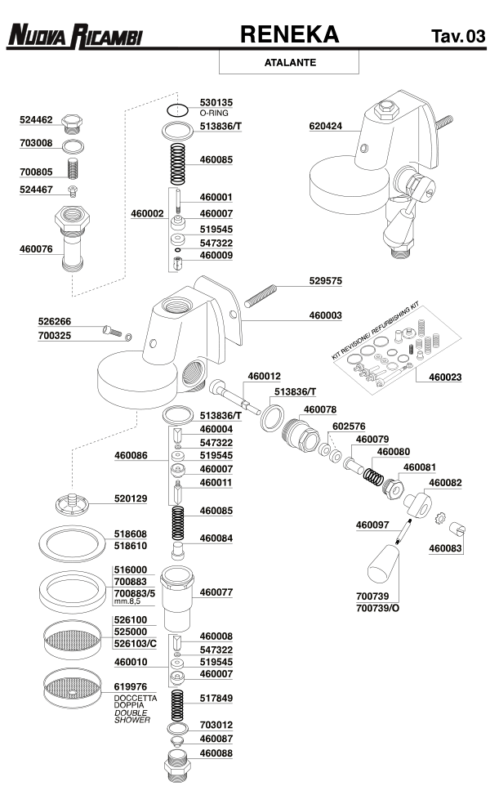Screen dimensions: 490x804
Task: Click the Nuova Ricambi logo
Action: [x=75, y=36]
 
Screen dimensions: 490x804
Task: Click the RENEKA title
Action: [x=290, y=34]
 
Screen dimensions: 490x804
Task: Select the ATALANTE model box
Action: [x=289, y=62]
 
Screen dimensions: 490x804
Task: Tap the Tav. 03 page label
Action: [x=457, y=36]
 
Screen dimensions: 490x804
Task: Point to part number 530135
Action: [x=216, y=103]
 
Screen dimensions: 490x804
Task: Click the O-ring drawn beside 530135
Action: [x=178, y=110]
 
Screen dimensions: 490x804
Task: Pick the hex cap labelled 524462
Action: [x=72, y=123]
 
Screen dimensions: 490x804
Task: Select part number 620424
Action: [x=326, y=126]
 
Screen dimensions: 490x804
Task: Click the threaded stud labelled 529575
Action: [x=261, y=296]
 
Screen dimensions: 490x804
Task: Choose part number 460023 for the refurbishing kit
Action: [x=445, y=377]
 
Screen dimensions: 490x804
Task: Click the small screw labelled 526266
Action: [x=112, y=331]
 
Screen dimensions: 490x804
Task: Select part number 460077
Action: [x=216, y=592]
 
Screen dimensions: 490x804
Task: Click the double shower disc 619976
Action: [x=71, y=688]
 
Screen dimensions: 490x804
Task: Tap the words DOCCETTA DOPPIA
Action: [x=136, y=701]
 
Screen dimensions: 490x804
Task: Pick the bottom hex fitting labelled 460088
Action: [x=177, y=766]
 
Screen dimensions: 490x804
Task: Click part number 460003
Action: [x=326, y=316]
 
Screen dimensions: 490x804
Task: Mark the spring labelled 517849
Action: [x=177, y=706]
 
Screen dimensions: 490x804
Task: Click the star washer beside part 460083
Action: [x=439, y=518]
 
